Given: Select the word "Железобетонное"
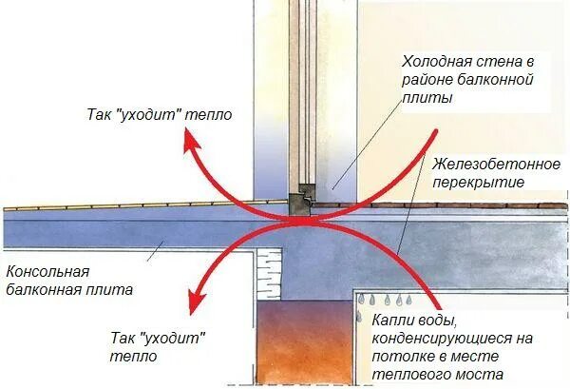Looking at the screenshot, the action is (481, 164).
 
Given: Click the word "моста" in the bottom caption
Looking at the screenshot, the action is (480, 375).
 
